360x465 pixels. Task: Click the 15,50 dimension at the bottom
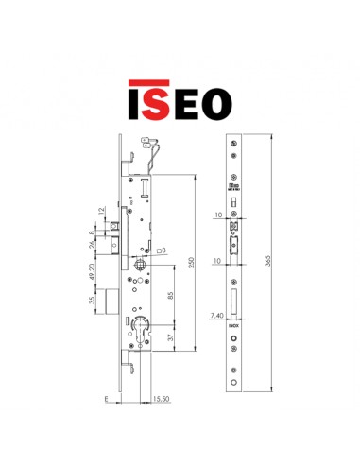[161, 402]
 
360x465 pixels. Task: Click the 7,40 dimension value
[217, 319]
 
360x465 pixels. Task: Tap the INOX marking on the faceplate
[234, 326]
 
